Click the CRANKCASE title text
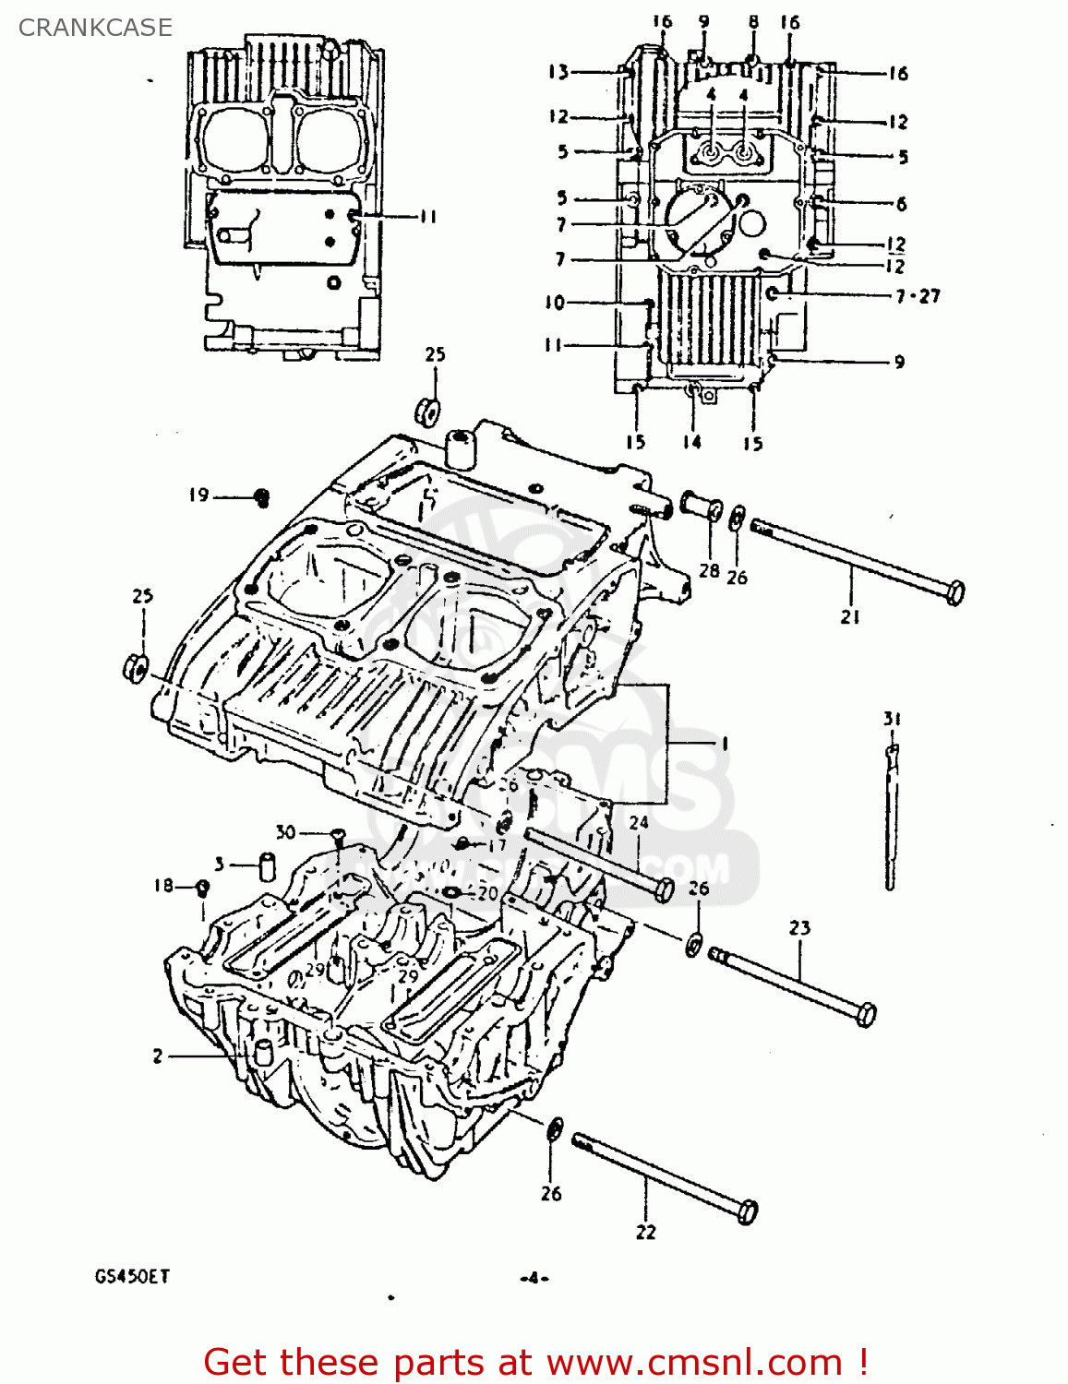point(95,28)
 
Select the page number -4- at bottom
point(534,1278)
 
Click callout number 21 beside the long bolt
point(850,616)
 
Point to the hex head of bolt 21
point(955,591)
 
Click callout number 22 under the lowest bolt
point(645,1232)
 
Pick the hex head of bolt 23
point(865,1014)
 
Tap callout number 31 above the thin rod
point(892,719)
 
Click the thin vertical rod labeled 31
point(891,821)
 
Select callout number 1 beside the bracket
point(725,743)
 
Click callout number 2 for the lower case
point(158,1056)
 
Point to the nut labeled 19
point(261,498)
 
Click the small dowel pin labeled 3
point(268,867)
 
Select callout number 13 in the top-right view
point(558,72)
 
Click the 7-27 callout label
point(917,296)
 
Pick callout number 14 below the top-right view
point(691,442)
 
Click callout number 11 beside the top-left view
point(426,217)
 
